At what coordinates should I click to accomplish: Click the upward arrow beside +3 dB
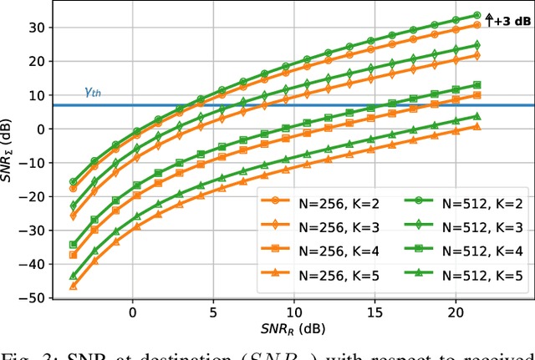coord(490,17)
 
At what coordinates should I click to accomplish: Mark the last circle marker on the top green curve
coord(476,15)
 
